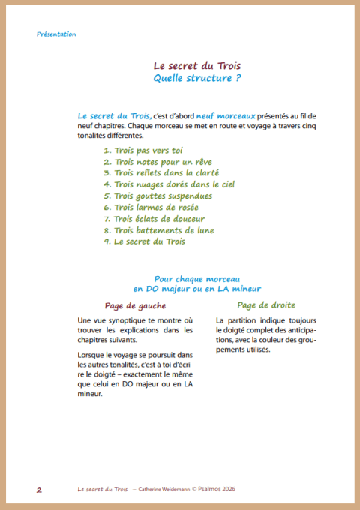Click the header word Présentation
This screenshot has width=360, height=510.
click(x=56, y=34)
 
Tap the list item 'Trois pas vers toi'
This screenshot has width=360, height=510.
click(x=143, y=150)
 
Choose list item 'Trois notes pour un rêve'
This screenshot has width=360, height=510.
click(x=157, y=162)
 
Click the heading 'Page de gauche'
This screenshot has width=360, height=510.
click(x=135, y=305)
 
